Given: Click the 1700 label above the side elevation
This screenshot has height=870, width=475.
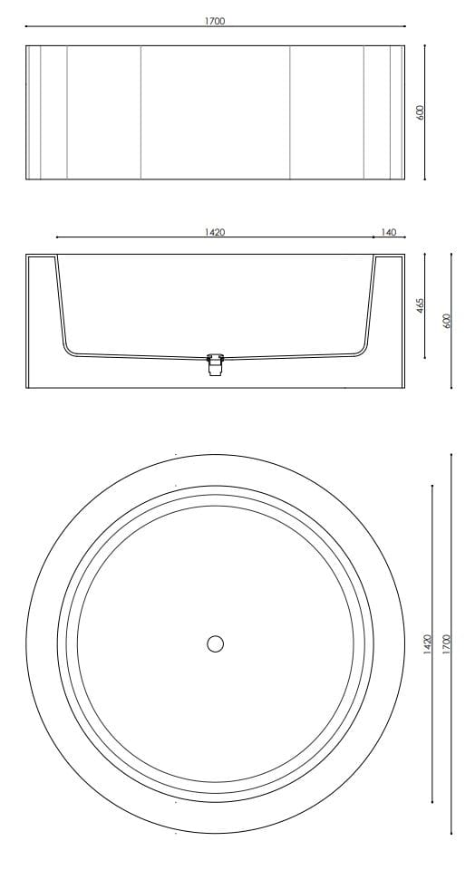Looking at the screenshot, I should [215, 20].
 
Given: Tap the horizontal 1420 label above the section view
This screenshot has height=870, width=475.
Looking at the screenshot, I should [215, 232].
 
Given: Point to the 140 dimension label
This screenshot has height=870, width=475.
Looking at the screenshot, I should [388, 232].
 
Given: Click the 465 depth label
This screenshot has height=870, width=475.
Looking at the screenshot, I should [421, 305].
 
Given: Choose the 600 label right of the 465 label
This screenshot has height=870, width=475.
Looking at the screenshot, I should [445, 321].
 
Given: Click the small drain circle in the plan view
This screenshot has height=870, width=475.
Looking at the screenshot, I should [215, 643].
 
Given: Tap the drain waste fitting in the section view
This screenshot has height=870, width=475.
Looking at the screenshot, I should [215, 365].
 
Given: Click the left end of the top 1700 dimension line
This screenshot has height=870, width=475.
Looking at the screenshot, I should [26, 26].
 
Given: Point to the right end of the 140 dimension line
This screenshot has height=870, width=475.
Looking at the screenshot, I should [404, 238].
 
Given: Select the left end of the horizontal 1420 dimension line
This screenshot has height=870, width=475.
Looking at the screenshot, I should [56, 238].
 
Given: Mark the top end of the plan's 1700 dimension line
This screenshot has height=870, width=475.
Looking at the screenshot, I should [451, 455].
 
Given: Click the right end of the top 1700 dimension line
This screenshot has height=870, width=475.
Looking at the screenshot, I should [404, 26].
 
